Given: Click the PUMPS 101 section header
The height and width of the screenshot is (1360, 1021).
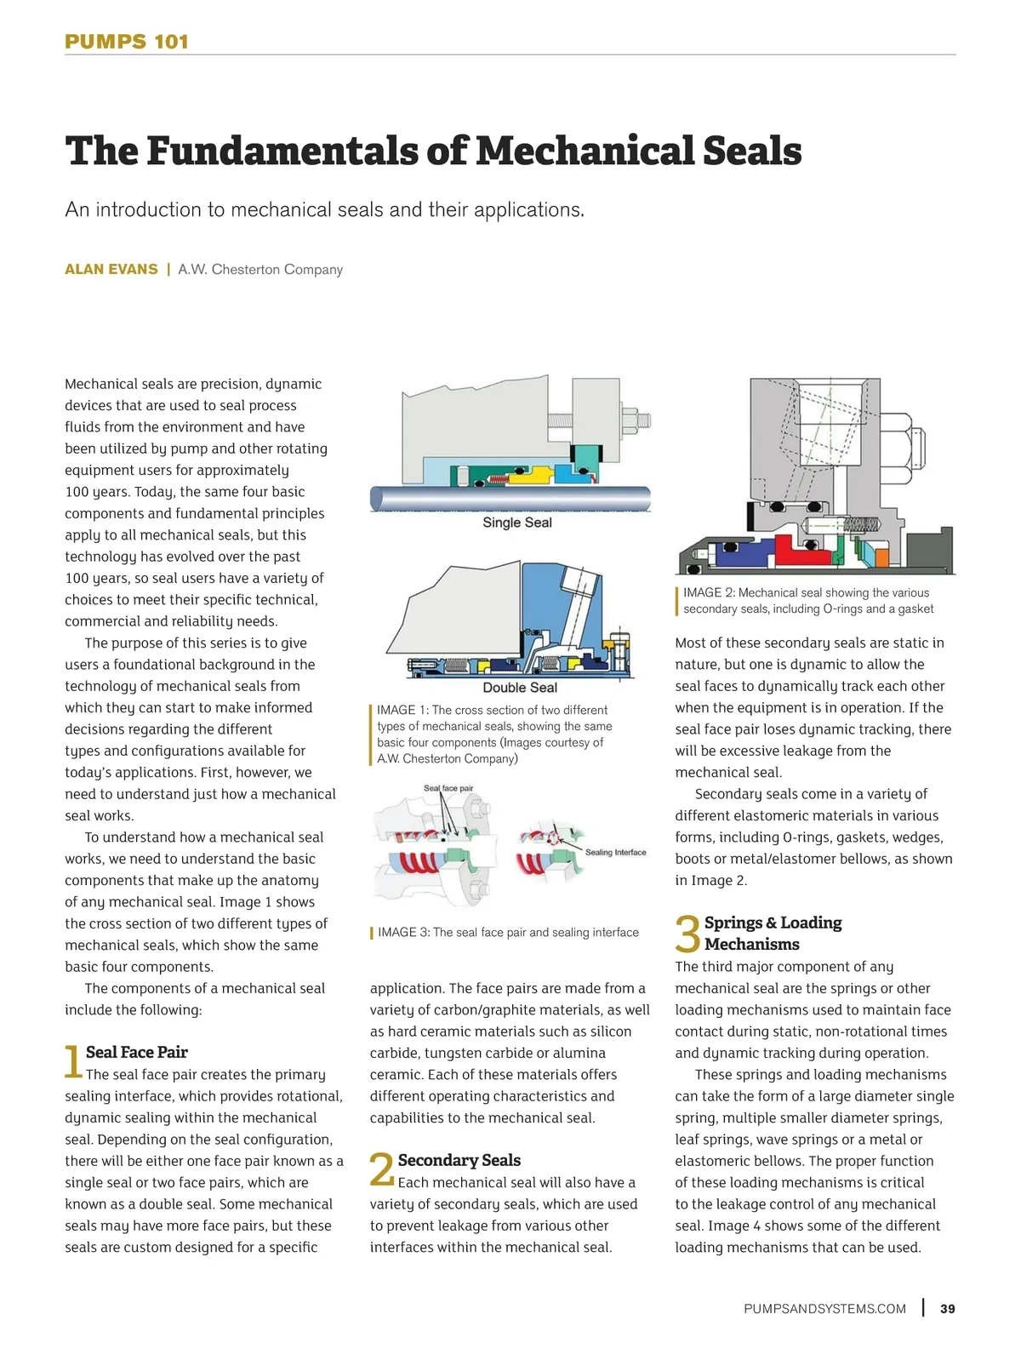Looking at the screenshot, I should [x=127, y=42].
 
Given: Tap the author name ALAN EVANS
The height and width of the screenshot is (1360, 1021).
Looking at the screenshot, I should [x=111, y=269].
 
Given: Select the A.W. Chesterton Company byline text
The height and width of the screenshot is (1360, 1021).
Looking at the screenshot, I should [x=260, y=269].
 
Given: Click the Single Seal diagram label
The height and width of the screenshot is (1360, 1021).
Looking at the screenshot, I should [x=517, y=523].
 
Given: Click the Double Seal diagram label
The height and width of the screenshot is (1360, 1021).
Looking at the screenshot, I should [x=520, y=688].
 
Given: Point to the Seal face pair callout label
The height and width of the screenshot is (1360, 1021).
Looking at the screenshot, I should [x=448, y=788].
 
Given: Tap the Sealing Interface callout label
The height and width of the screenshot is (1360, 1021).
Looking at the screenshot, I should [x=615, y=852].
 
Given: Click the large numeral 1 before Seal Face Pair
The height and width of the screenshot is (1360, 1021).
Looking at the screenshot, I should [x=73, y=1061].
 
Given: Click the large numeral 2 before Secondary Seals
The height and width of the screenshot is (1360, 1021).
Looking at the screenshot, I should [x=382, y=1169].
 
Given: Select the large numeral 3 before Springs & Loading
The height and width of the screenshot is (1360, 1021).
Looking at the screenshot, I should [x=687, y=934].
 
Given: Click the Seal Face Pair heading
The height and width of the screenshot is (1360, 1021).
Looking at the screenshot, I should [x=137, y=1052].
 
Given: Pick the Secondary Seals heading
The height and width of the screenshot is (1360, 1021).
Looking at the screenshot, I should [x=459, y=1160].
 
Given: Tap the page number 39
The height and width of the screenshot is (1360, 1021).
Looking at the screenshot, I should [x=947, y=1308].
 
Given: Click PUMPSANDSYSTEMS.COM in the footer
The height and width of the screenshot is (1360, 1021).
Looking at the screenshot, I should [x=824, y=1309].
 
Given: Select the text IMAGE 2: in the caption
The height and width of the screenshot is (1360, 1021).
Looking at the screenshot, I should [x=710, y=592].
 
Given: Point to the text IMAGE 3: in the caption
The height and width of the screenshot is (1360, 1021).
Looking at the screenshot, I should [x=404, y=932].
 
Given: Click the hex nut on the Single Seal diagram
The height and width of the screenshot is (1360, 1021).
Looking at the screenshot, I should [x=630, y=420].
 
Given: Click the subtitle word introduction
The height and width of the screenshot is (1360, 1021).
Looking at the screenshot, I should [x=147, y=209].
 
